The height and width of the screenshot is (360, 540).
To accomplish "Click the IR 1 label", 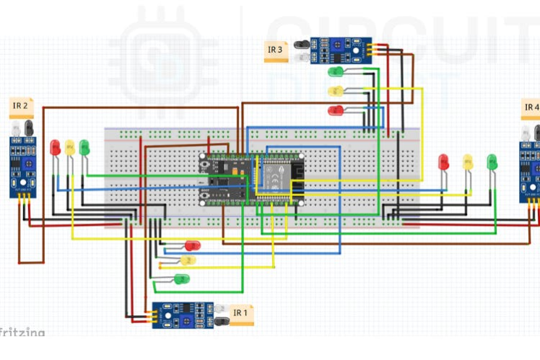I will (x=240, y=312).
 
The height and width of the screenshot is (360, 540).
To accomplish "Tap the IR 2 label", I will (x=20, y=106).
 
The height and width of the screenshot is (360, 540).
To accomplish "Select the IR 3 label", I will (x=275, y=49).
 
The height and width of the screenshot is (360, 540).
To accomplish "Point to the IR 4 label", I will (x=531, y=107).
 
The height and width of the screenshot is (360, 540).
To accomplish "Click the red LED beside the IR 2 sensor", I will (x=56, y=147).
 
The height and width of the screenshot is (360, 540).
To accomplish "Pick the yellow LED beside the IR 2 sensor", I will (x=69, y=147).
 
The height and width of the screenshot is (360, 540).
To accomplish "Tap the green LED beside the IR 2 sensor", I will (x=84, y=147).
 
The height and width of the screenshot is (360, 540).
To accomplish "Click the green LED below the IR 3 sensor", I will (x=336, y=71).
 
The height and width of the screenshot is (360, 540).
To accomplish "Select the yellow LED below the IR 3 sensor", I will (x=336, y=91).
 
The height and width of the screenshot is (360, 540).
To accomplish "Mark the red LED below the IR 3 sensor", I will (x=336, y=110).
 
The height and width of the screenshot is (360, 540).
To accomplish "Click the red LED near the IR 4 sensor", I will (x=444, y=162).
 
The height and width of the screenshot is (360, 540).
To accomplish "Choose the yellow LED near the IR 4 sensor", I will (x=467, y=162).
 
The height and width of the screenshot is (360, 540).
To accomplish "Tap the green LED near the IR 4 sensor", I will (x=492, y=162).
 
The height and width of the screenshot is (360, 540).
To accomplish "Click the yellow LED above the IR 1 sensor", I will (x=189, y=260).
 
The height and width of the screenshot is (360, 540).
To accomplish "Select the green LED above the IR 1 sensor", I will (x=183, y=278).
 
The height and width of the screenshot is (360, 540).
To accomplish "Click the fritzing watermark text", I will (x=22, y=333).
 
